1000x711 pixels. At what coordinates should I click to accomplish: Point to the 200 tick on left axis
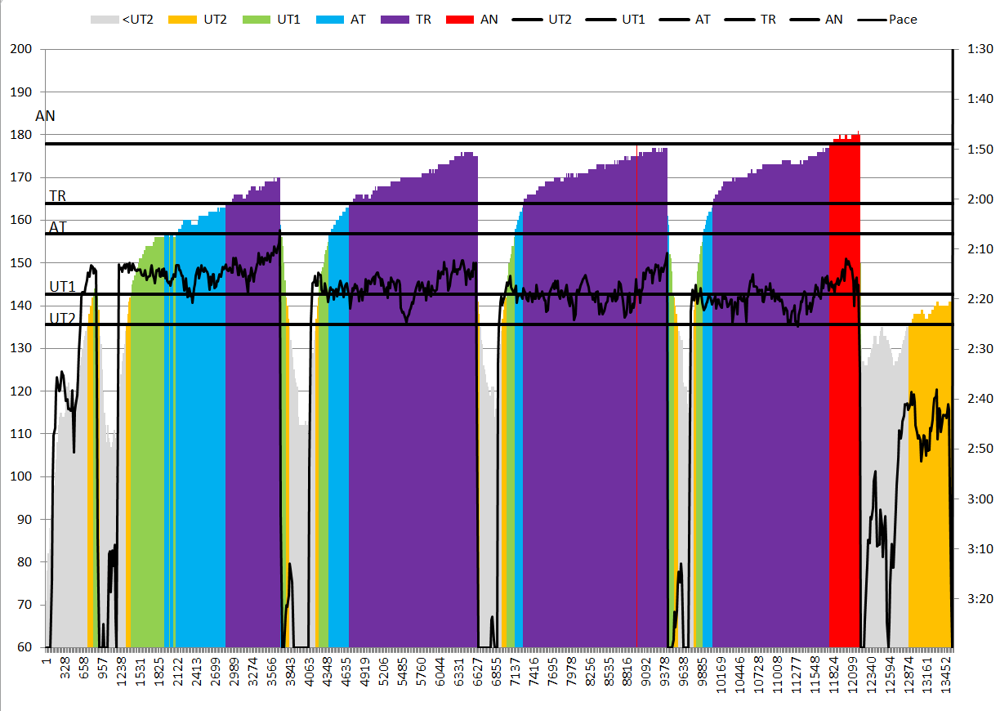20,50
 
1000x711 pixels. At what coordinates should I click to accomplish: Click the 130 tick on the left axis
20,349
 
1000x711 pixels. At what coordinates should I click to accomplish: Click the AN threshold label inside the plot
46,116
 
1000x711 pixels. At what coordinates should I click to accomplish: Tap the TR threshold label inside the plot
58,196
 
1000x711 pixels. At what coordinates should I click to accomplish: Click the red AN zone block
845,392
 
